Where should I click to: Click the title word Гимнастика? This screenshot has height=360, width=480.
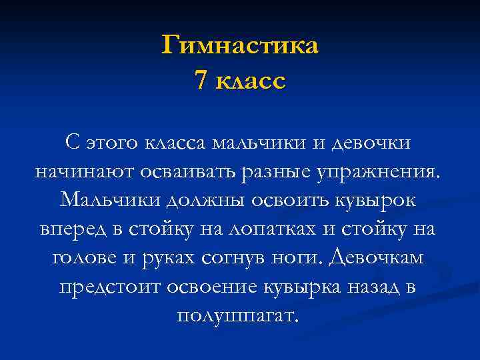[240, 46]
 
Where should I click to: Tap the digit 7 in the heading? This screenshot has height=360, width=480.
[201, 81]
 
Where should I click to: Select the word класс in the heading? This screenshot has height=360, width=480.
[249, 81]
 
